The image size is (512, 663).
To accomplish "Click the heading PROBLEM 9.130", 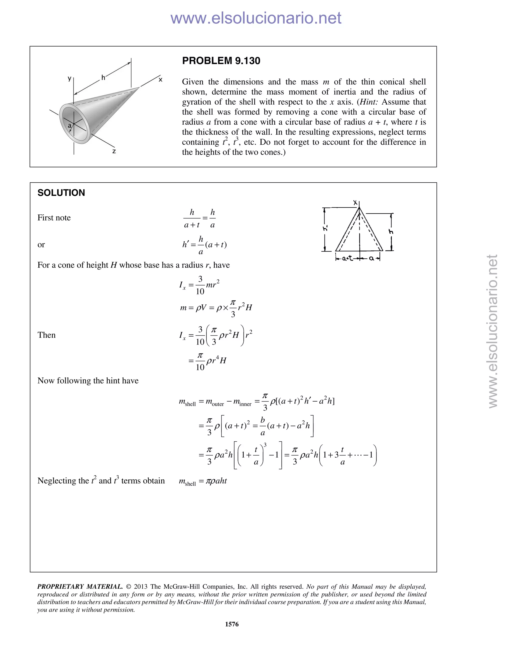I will (x=221, y=61).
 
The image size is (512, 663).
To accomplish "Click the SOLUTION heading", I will (x=61, y=193).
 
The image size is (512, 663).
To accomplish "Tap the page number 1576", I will (x=232, y=624).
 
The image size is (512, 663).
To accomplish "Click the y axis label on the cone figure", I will (x=69, y=78).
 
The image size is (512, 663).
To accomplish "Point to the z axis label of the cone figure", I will (x=114, y=151).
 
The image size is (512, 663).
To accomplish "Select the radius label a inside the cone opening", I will (x=69, y=125).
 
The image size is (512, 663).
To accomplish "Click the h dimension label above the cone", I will (x=103, y=78).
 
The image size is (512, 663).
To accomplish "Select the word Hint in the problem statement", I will (x=368, y=102).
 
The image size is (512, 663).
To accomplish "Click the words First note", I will (x=54, y=218).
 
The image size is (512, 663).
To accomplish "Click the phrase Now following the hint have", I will (x=88, y=381).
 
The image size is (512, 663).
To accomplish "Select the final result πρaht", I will (x=216, y=481).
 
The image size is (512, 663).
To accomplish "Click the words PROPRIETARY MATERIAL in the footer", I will (x=80, y=586).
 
